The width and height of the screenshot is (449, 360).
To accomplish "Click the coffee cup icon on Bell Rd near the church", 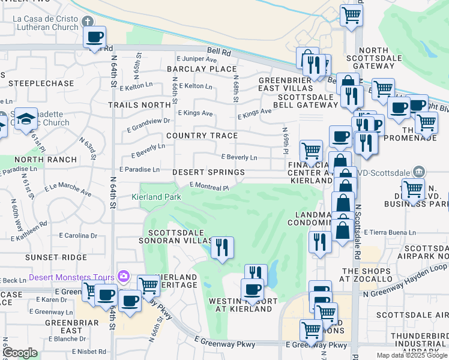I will pos(94,37).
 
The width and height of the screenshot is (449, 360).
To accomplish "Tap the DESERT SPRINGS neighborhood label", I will pos(208,172).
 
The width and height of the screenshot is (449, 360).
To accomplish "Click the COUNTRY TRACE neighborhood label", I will pos(202,136).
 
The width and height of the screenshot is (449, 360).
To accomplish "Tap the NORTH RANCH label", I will pos(46,160).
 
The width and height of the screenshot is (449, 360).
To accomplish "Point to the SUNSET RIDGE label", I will pos(47,257).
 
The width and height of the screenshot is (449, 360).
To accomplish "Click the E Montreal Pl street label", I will pos(209,187).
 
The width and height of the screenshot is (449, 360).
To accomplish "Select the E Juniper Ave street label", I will pos(196,59).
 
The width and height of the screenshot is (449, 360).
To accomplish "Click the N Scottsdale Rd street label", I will pos(357,220).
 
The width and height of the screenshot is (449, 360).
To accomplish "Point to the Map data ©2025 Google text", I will pos(411,355).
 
